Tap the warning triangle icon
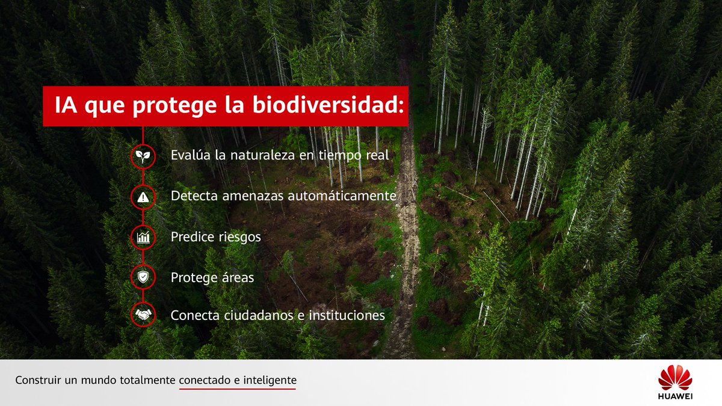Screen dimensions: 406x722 143,197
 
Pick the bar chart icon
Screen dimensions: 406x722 143,237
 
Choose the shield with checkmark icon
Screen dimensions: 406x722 143,278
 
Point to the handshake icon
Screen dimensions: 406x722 143,315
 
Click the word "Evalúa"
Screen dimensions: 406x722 190,155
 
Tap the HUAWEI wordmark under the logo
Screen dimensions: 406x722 675,396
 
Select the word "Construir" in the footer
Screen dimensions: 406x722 38,380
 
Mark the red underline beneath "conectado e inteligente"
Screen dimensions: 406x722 237,389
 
